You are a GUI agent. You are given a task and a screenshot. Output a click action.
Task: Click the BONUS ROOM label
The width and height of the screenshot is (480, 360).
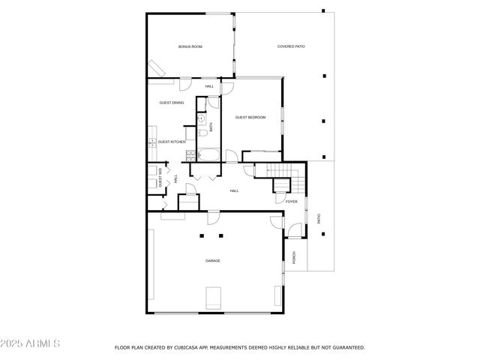point(190,46)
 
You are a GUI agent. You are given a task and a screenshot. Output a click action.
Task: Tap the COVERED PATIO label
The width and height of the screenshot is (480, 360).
point(291,46)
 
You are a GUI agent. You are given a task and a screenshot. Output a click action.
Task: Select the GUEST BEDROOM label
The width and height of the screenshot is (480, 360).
point(250,117)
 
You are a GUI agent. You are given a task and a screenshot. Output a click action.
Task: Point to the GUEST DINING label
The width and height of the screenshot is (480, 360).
point(172,103)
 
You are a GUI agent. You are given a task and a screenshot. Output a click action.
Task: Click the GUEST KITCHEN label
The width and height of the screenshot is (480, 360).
point(172,141)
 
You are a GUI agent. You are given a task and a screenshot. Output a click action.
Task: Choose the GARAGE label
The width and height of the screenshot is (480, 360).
point(213,260)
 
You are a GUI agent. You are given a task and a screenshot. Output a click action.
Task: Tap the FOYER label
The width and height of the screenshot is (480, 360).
point(292,202)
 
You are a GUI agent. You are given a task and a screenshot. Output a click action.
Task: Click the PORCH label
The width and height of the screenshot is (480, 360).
point(294,256)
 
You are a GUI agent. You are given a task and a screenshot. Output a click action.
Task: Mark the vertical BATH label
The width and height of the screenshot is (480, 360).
point(211,127)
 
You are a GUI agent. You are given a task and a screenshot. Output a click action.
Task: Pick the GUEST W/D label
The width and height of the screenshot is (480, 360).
point(160,180)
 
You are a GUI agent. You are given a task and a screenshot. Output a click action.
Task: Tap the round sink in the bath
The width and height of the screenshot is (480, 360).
point(201,118)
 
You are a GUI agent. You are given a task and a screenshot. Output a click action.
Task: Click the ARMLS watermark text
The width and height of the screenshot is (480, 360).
point(31,343)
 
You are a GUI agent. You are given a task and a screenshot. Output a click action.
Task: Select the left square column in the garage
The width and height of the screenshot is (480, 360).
point(201,235)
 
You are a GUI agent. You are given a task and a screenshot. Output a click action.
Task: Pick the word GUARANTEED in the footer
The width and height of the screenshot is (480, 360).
point(348,348)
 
